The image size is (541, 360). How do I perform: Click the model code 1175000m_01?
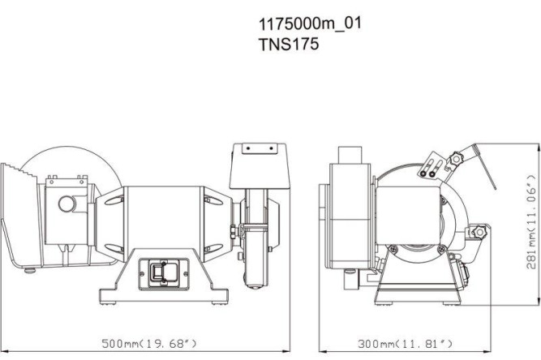[x=309, y=24]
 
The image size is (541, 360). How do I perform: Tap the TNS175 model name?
[x=288, y=45]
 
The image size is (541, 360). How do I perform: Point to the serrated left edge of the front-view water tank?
[x=8, y=207]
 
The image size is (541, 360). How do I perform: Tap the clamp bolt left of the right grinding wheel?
[x=234, y=233]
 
